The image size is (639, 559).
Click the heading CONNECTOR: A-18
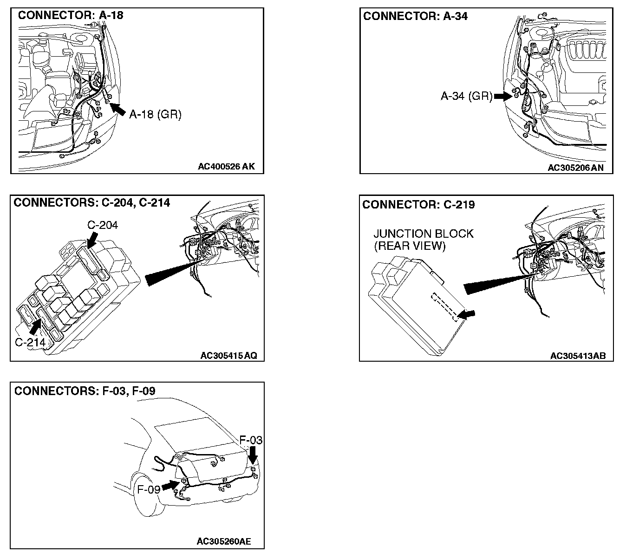coord(71,15)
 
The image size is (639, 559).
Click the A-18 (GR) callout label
coord(155,114)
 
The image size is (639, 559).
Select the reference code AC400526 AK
coord(226,166)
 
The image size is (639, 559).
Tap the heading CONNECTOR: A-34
coord(415,16)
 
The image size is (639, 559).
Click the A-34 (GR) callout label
coord(466,96)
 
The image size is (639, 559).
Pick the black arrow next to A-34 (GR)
coord(502,97)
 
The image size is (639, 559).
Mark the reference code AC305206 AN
coord(575,168)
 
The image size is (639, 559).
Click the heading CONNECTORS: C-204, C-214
coord(92,202)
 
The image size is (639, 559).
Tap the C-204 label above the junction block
coord(103,225)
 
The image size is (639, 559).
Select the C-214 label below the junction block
coord(30,343)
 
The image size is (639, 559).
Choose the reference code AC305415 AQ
coord(228,356)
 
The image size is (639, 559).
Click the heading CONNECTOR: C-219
coord(418,205)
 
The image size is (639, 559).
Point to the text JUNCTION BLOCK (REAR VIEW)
coord(423,240)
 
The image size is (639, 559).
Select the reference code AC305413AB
coord(578,356)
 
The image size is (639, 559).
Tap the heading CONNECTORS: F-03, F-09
coord(85,391)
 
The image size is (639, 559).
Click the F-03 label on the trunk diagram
coord(250,440)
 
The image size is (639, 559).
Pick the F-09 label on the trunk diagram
coord(149,489)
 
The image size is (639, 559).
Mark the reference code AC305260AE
coord(224,541)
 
